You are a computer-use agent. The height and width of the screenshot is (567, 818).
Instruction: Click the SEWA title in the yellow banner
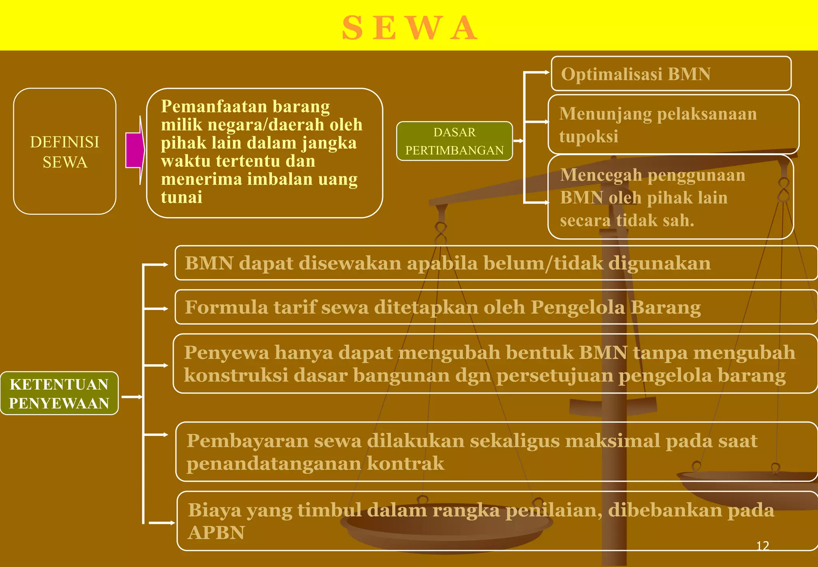click(410, 28)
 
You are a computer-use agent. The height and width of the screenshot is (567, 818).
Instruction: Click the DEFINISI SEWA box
click(65, 152)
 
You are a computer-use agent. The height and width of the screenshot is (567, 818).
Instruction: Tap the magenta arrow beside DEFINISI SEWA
click(135, 150)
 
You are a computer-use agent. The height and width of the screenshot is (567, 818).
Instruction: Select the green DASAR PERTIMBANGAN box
click(455, 141)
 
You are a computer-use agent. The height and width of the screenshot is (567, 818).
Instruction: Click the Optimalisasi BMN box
click(671, 74)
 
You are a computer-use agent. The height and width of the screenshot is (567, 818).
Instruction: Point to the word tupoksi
click(588, 136)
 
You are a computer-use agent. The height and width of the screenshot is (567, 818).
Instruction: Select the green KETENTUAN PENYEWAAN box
click(59, 393)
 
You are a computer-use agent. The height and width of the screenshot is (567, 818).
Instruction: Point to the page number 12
click(762, 546)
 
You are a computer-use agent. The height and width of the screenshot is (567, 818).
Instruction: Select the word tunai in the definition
click(181, 198)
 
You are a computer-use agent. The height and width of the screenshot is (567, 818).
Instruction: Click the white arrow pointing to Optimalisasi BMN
click(537, 72)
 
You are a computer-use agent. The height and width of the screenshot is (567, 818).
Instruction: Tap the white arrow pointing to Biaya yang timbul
click(162, 523)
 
